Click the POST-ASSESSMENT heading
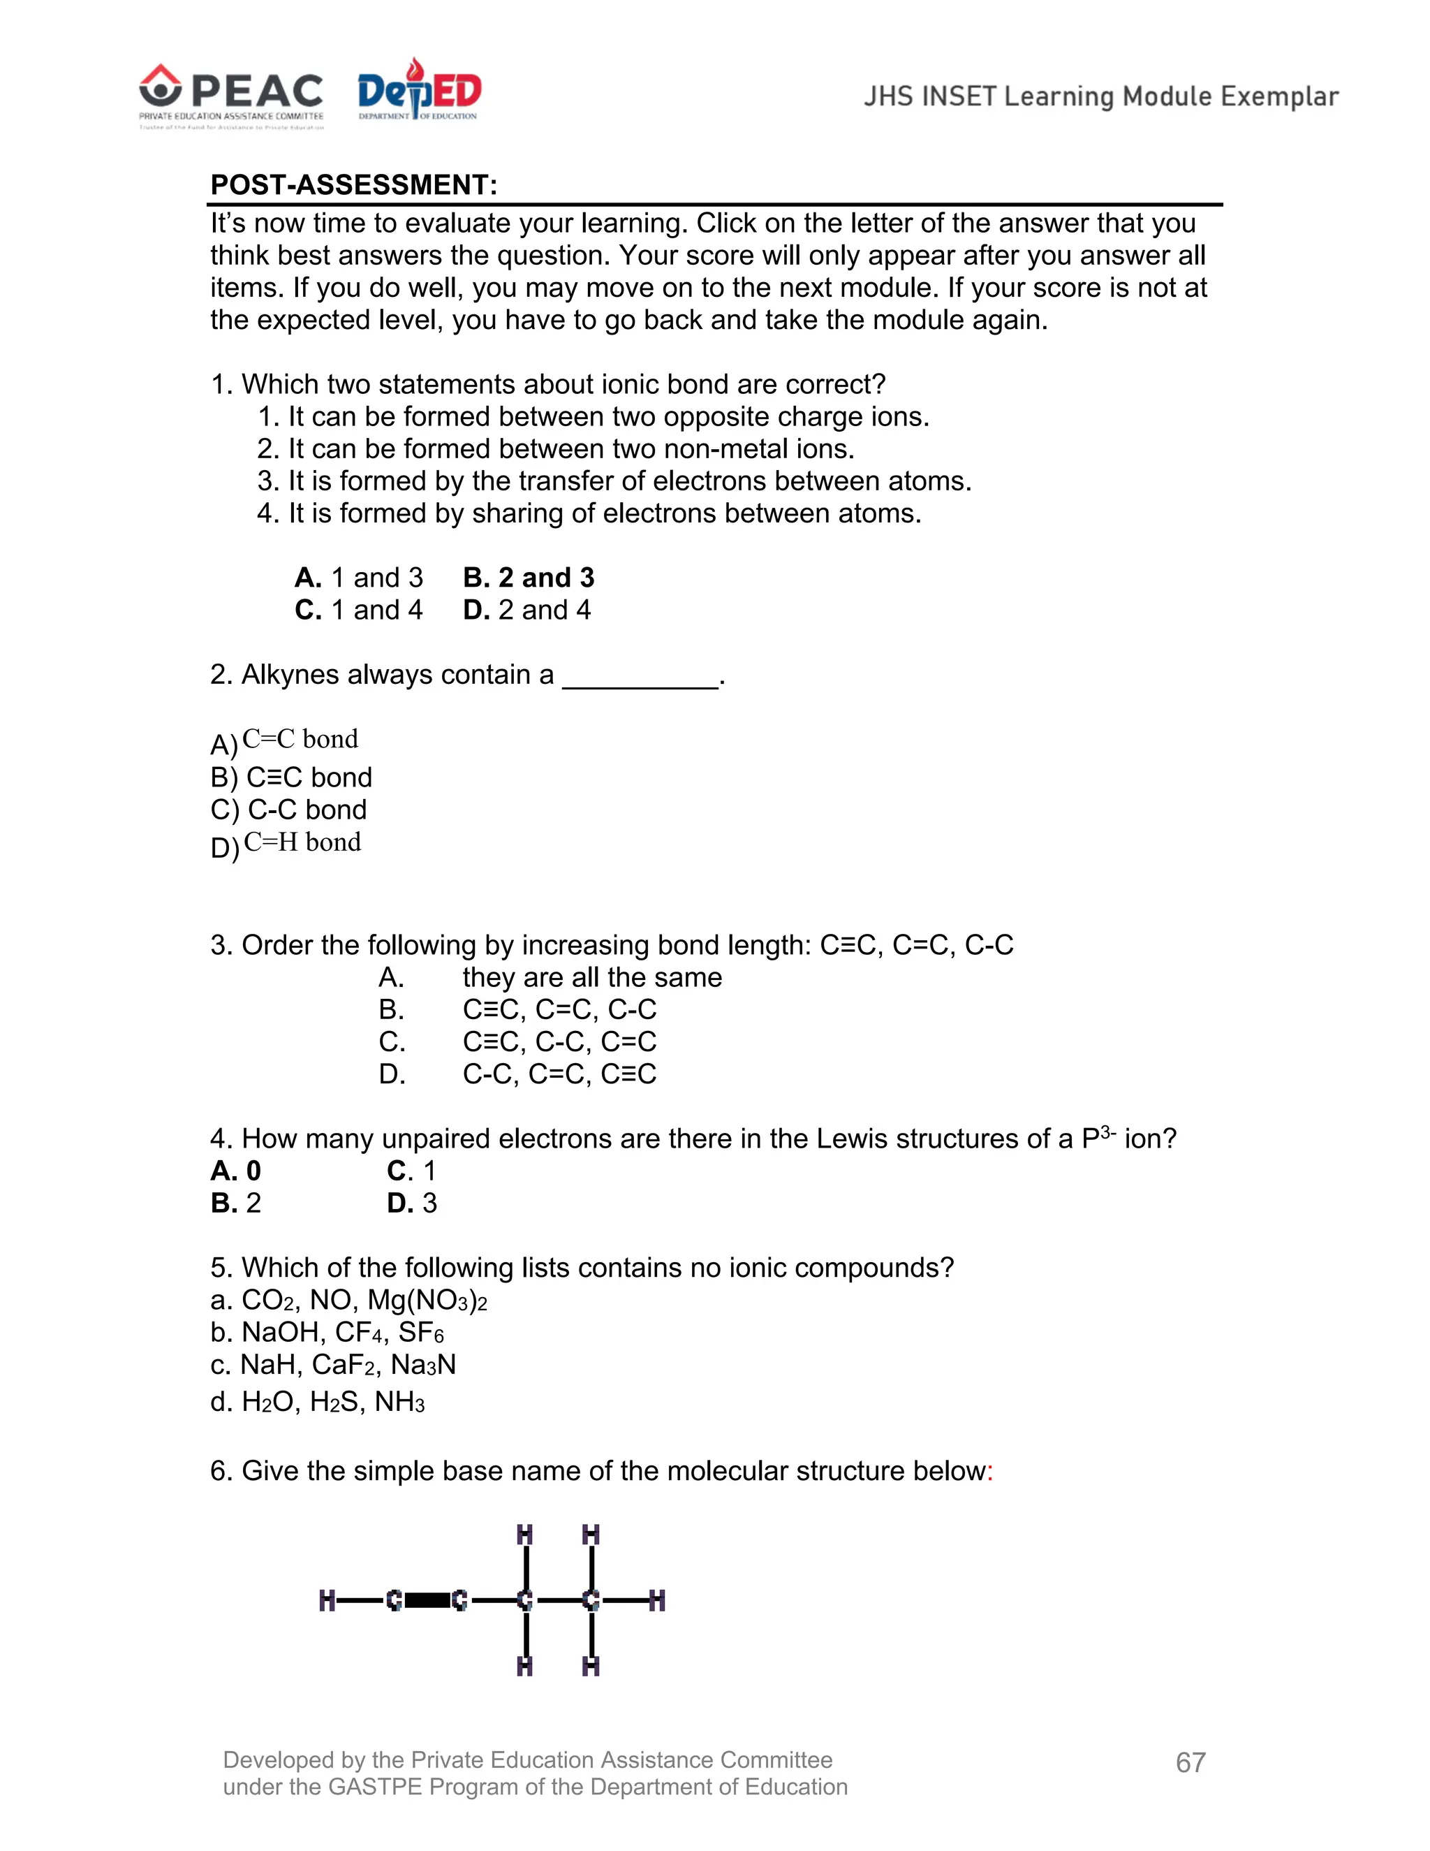tap(353, 185)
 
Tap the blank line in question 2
tap(640, 678)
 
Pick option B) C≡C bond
tap(290, 777)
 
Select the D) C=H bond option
tap(286, 844)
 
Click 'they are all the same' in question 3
tap(592, 977)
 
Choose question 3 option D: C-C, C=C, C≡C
tap(559, 1074)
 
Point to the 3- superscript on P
tap(1108, 1132)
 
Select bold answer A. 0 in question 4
tap(235, 1171)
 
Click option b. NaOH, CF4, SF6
tap(327, 1332)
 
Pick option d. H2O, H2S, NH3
tap(317, 1402)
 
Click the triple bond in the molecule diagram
tap(427, 1601)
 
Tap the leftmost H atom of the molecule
tap(327, 1601)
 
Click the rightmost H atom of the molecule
tap(656, 1601)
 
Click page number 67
tap(1191, 1763)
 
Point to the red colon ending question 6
tap(989, 1471)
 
